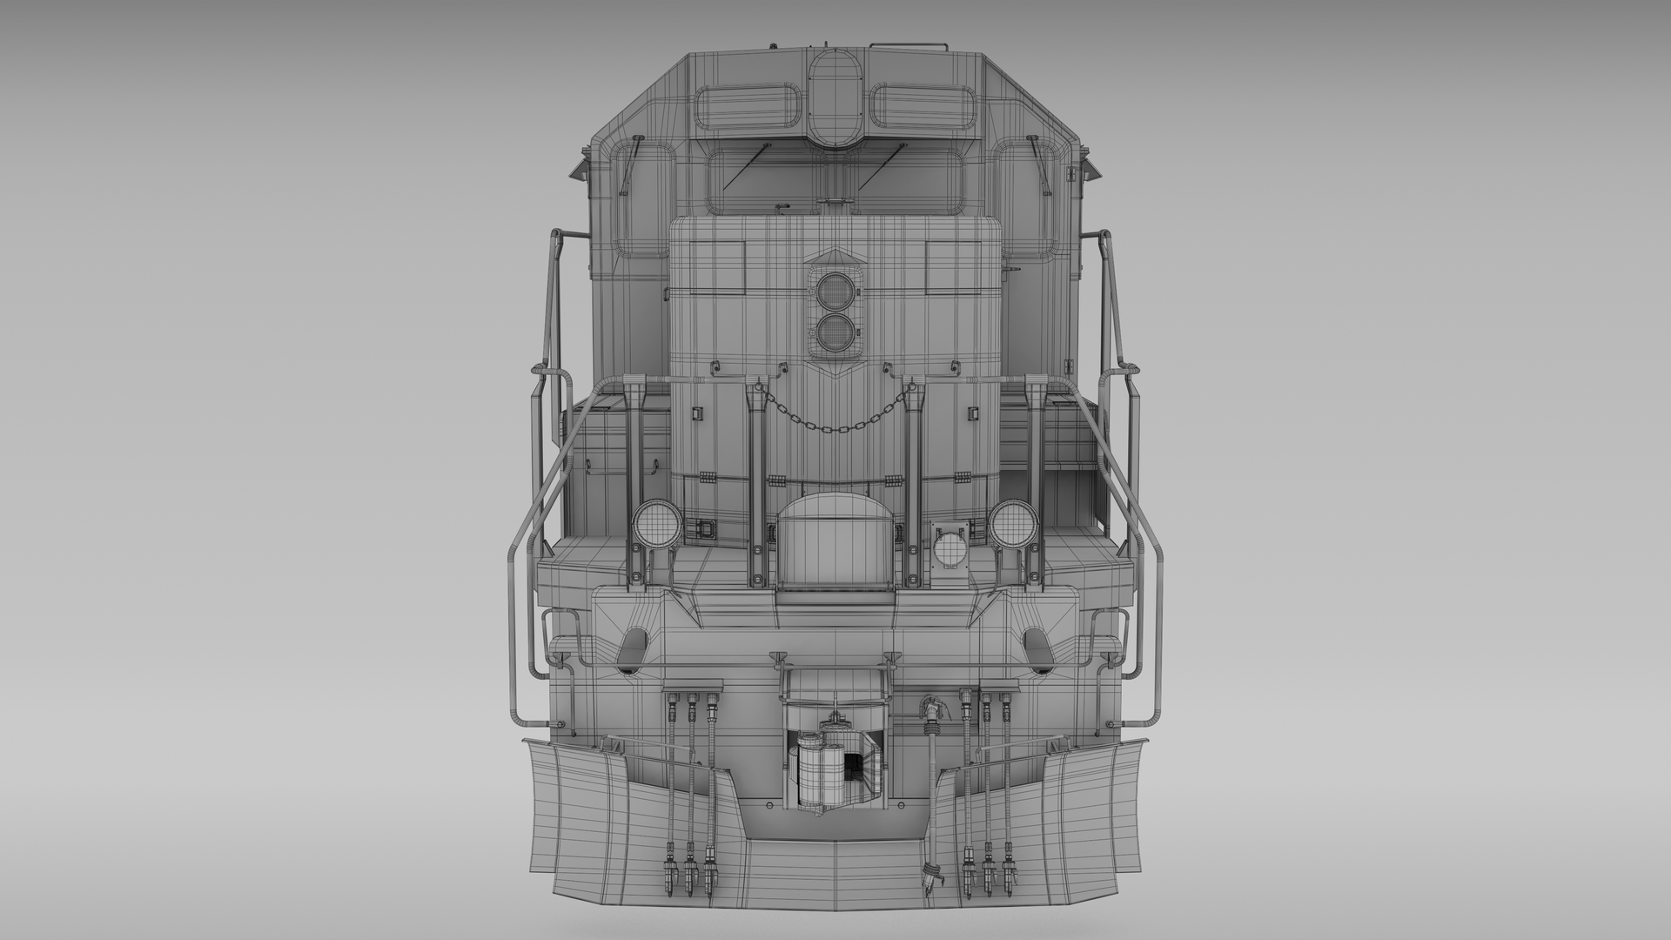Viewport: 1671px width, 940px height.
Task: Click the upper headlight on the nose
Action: (x=835, y=288)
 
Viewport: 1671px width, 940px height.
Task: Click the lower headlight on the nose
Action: (x=835, y=331)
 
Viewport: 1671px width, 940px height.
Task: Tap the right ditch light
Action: (x=1010, y=525)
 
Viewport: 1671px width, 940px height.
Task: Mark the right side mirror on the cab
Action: (x=1089, y=170)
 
